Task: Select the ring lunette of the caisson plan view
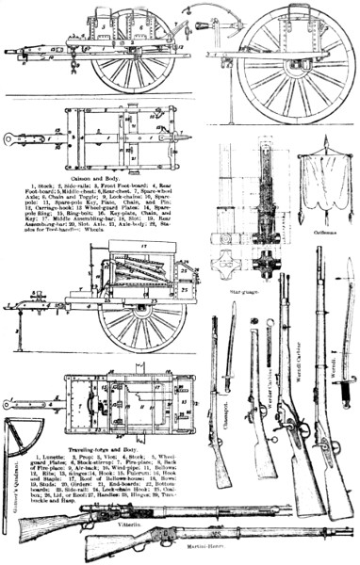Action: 12,138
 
